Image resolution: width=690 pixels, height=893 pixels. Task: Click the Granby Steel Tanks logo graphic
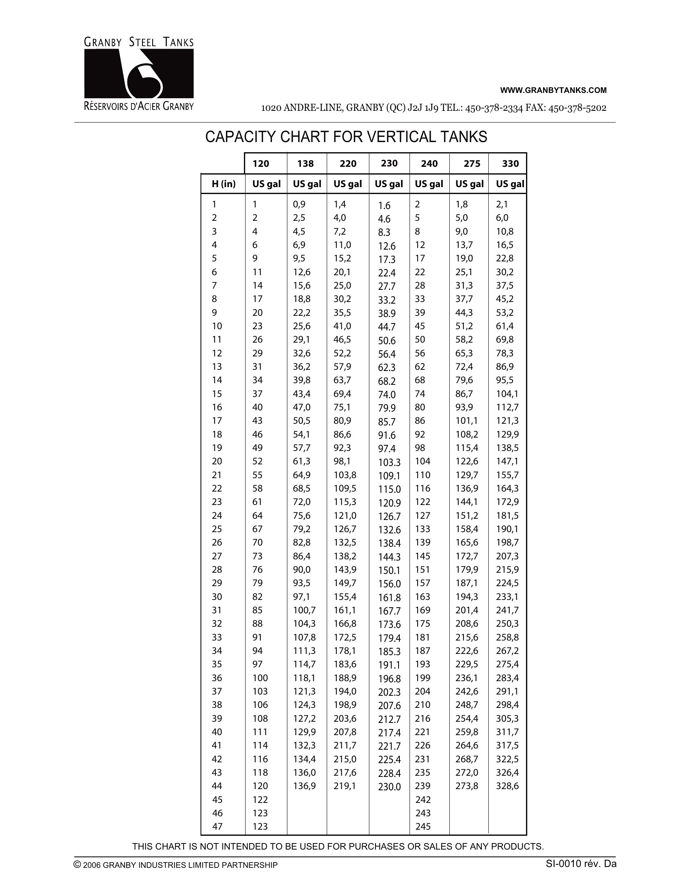coord(138,73)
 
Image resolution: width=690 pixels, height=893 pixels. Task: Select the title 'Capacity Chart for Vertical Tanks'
coord(346,137)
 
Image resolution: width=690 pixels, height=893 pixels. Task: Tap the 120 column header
coord(261,164)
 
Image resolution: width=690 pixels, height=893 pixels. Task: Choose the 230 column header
coord(389,164)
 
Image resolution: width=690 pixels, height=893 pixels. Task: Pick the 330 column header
coord(510,164)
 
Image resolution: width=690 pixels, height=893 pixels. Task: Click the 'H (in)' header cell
coord(224,184)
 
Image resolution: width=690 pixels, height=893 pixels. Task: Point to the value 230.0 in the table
coord(389,787)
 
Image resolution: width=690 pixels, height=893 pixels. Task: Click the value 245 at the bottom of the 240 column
coord(423,826)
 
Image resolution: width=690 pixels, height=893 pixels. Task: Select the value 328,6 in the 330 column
coord(507,785)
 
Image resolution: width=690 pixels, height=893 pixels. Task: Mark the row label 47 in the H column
coord(217,826)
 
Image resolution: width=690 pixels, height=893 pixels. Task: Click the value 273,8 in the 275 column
coord(467,785)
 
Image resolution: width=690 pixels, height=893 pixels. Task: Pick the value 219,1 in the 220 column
coord(345,785)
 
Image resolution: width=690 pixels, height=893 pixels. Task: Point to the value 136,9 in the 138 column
coord(304,785)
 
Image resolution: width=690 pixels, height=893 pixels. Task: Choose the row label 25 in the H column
coord(217,529)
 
